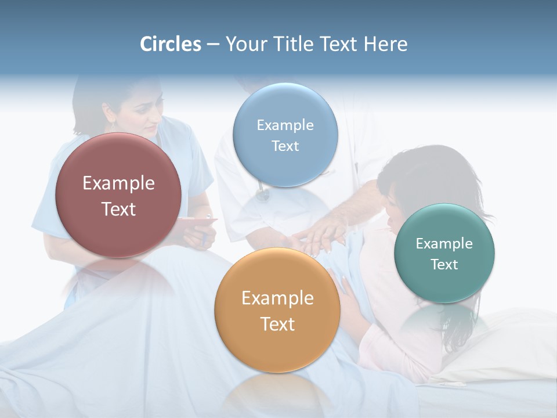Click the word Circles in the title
tap(171, 44)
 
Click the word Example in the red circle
tap(118, 183)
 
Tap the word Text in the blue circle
tap(285, 146)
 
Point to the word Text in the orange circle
tap(277, 324)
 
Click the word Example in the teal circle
tap(444, 244)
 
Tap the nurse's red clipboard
tap(197, 221)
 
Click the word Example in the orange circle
tap(277, 298)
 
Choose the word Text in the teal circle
tap(444, 265)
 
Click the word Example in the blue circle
tap(285, 125)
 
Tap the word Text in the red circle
tap(118, 209)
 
